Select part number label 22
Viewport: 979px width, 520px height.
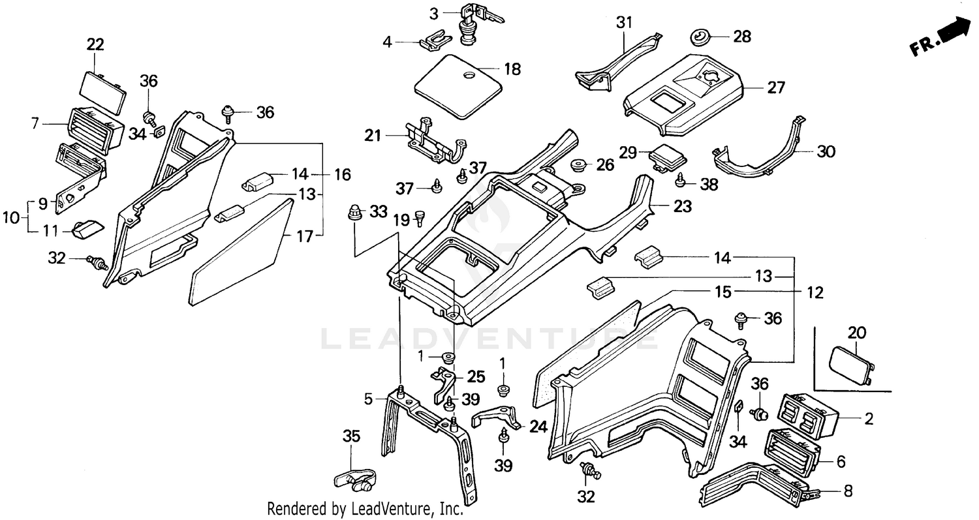95,44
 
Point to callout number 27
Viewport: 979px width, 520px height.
776,87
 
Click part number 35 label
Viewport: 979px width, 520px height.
351,436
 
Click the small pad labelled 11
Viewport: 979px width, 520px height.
87,228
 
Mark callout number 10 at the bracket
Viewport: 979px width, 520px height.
11,217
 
